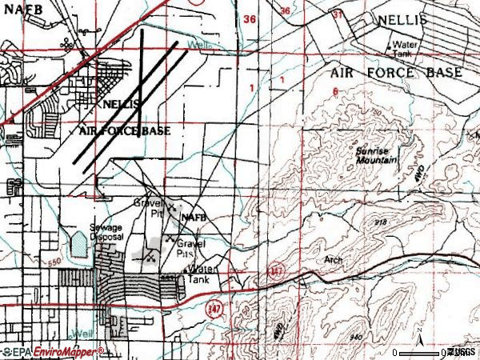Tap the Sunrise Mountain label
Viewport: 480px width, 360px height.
(377, 155)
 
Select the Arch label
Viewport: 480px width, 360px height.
(333, 260)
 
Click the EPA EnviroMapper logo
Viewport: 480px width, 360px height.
(53, 351)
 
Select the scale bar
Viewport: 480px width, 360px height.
(419, 351)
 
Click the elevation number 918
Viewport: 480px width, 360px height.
(382, 222)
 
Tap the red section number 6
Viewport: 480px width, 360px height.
(335, 90)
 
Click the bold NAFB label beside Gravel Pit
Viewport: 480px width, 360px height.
(195, 217)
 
